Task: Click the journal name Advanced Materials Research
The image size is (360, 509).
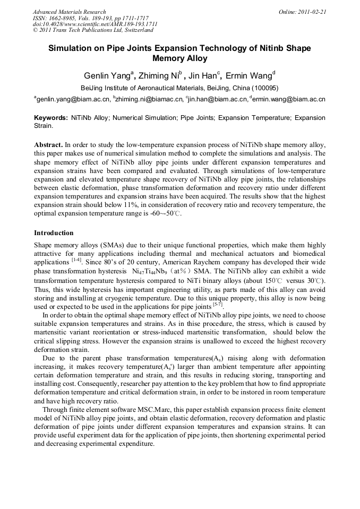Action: pyautogui.click(x=69, y=12)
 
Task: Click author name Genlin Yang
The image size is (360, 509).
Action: pyautogui.click(x=107, y=75)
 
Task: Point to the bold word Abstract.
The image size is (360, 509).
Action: pyautogui.click(x=48, y=144)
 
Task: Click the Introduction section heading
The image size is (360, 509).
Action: pyautogui.click(x=54, y=233)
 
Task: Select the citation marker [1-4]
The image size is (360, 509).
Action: pyautogui.click(x=78, y=260)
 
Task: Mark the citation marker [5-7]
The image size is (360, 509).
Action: pyautogui.click(x=218, y=304)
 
